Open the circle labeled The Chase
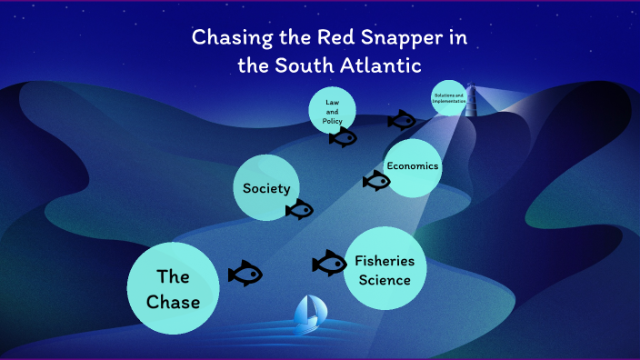[173, 288]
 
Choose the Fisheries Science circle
[385, 269]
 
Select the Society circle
[266, 188]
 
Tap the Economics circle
[413, 166]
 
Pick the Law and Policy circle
[332, 112]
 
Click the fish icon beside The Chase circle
[245, 273]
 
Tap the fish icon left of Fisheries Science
[329, 264]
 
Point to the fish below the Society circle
[299, 211]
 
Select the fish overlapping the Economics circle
[375, 181]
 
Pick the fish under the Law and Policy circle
[343, 138]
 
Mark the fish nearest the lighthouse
[401, 120]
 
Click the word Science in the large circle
[385, 279]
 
